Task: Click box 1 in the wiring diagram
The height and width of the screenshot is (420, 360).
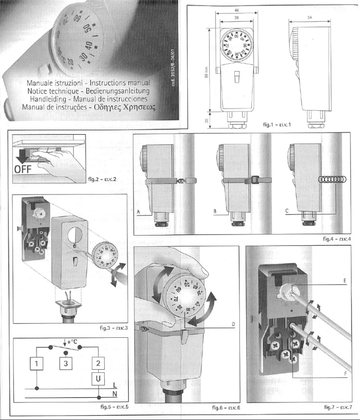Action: pos(37,363)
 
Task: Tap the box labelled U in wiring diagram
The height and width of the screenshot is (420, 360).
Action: pos(98,380)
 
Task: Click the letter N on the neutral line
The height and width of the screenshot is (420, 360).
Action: pos(115,394)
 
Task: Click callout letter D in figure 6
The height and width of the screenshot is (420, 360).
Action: pos(233,324)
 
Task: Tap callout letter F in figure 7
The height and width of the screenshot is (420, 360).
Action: pos(345,374)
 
